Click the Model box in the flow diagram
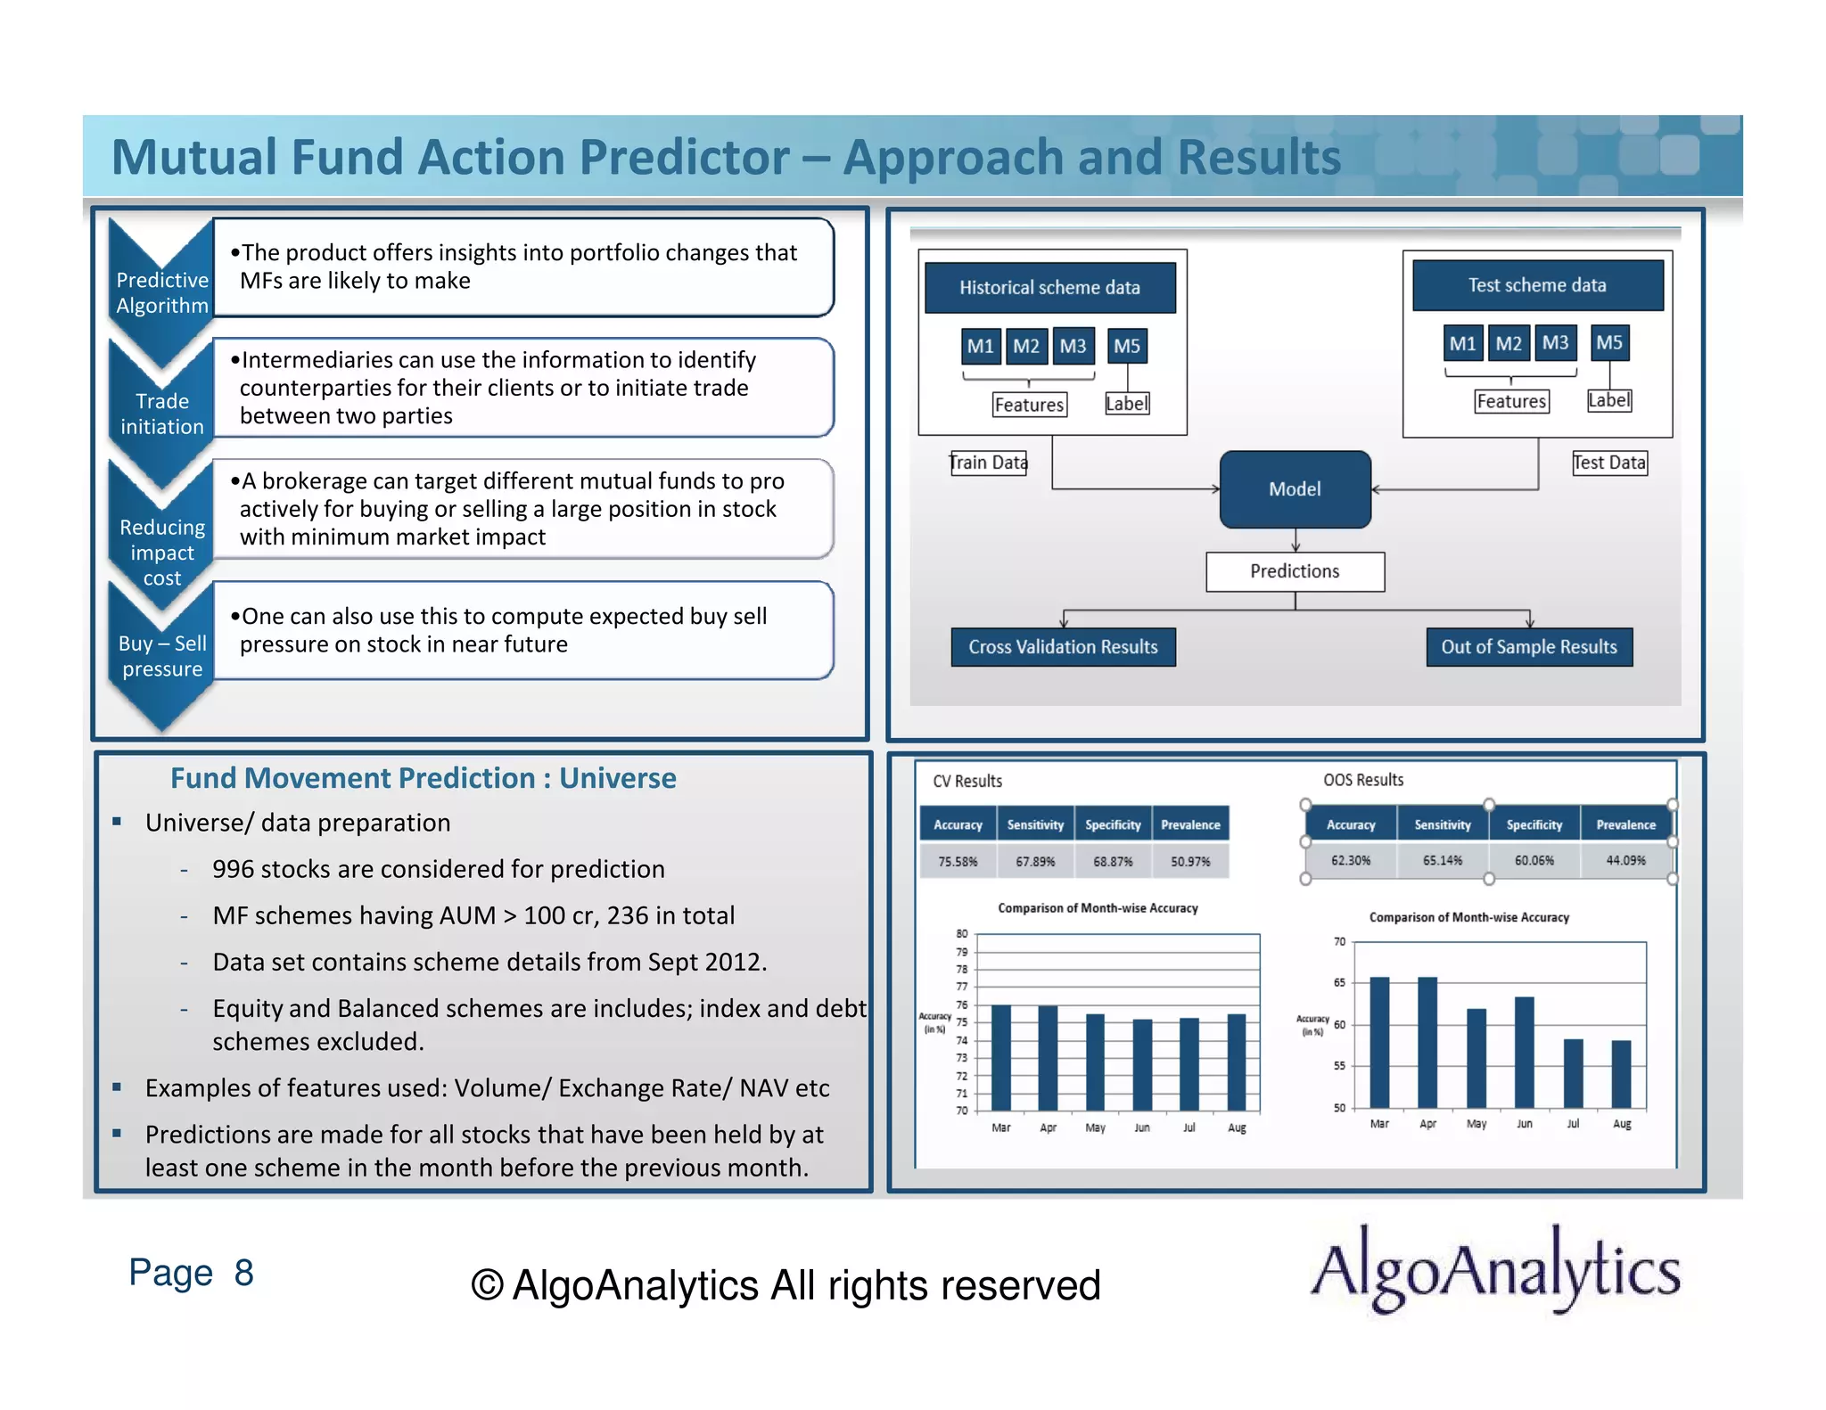click(x=1295, y=489)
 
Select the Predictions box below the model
click(x=1295, y=571)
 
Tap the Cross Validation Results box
click(x=1063, y=647)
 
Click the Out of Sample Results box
click(x=1528, y=647)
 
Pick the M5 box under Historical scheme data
click(x=1127, y=346)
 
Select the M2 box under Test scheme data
click(x=1509, y=343)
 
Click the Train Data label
click(x=988, y=463)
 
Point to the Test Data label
click(x=1608, y=463)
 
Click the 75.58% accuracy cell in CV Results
click(x=958, y=862)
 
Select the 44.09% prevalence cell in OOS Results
click(x=1625, y=860)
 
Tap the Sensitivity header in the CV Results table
click(x=1035, y=824)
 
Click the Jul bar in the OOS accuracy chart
click(x=1573, y=1073)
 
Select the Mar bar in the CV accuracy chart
click(x=1001, y=1057)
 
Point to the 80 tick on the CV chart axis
click(x=961, y=934)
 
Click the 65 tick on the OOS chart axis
click(x=1339, y=983)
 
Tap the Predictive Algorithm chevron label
click(x=162, y=292)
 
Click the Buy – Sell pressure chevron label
click(x=162, y=656)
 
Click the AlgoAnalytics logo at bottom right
click(x=1495, y=1269)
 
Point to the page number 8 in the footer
click(x=243, y=1273)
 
